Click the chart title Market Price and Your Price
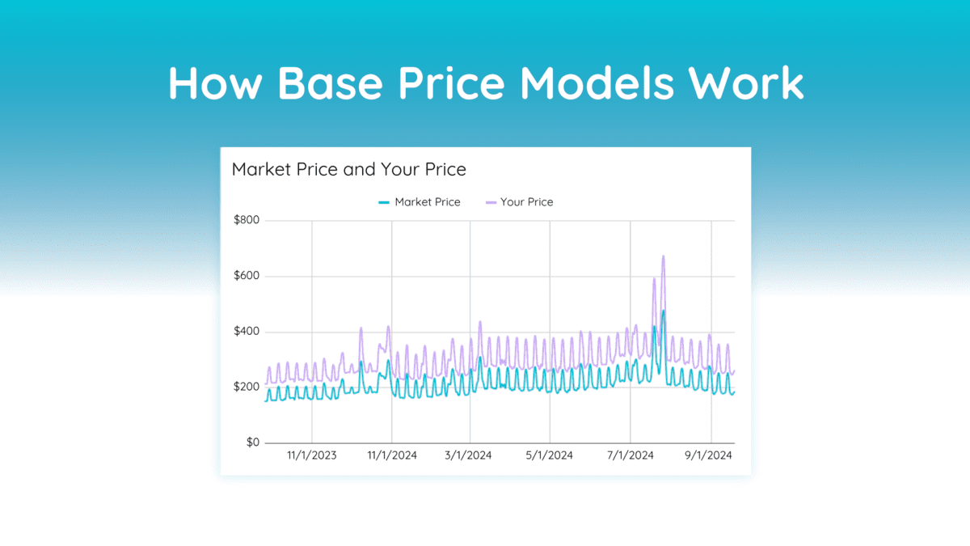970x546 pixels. [x=348, y=170]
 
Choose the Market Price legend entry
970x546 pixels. [x=427, y=202]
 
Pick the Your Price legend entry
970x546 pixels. [x=526, y=202]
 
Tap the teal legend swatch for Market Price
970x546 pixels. [x=384, y=202]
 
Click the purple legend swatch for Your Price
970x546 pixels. [x=490, y=202]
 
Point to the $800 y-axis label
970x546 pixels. [x=246, y=221]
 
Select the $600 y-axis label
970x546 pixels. [x=246, y=277]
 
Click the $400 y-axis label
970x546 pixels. [x=246, y=332]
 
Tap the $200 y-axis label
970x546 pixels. [x=246, y=387]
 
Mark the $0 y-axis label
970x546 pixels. [x=251, y=443]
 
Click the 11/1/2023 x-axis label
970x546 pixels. [x=312, y=455]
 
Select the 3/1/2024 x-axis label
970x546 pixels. [x=470, y=455]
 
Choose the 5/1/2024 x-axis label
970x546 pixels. [x=550, y=455]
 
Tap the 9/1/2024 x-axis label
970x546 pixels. [x=711, y=455]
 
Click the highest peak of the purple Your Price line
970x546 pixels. [x=663, y=256]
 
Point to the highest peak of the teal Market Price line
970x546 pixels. [x=663, y=311]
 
